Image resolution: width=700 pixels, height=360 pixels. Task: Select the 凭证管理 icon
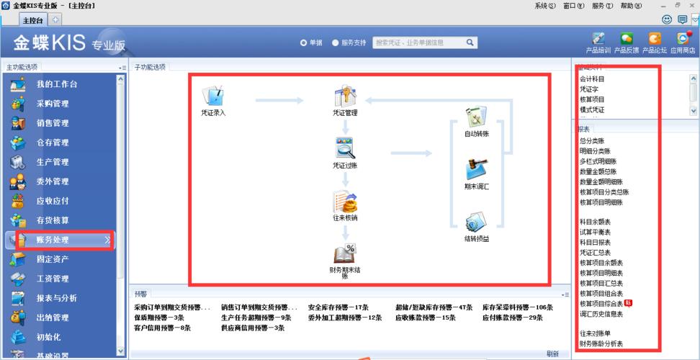[x=345, y=96]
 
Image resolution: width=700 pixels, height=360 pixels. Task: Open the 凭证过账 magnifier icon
[x=345, y=148]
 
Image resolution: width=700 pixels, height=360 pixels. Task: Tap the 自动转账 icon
[x=476, y=117]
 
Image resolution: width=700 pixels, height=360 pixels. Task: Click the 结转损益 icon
[x=476, y=222]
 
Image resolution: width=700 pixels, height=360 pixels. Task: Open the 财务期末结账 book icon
[x=345, y=253]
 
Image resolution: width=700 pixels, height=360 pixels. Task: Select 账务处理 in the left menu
[x=53, y=240]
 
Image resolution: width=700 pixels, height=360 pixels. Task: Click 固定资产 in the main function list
[x=53, y=259]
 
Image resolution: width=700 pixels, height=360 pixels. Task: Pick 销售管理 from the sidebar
[x=53, y=123]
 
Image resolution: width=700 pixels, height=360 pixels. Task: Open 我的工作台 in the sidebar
[x=56, y=84]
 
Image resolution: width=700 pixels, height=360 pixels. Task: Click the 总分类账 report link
[x=592, y=141]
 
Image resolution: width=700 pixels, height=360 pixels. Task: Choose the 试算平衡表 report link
[x=596, y=233]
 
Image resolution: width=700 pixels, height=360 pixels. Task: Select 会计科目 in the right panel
[x=592, y=78]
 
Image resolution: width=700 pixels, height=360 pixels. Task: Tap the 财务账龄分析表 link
[x=601, y=344]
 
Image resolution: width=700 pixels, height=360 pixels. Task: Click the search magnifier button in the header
[x=470, y=42]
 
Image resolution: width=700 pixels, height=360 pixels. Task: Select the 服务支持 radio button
[x=336, y=42]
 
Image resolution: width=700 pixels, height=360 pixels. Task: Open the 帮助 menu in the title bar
[x=630, y=6]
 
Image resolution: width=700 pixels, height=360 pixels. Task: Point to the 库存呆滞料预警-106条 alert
[x=518, y=307]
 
